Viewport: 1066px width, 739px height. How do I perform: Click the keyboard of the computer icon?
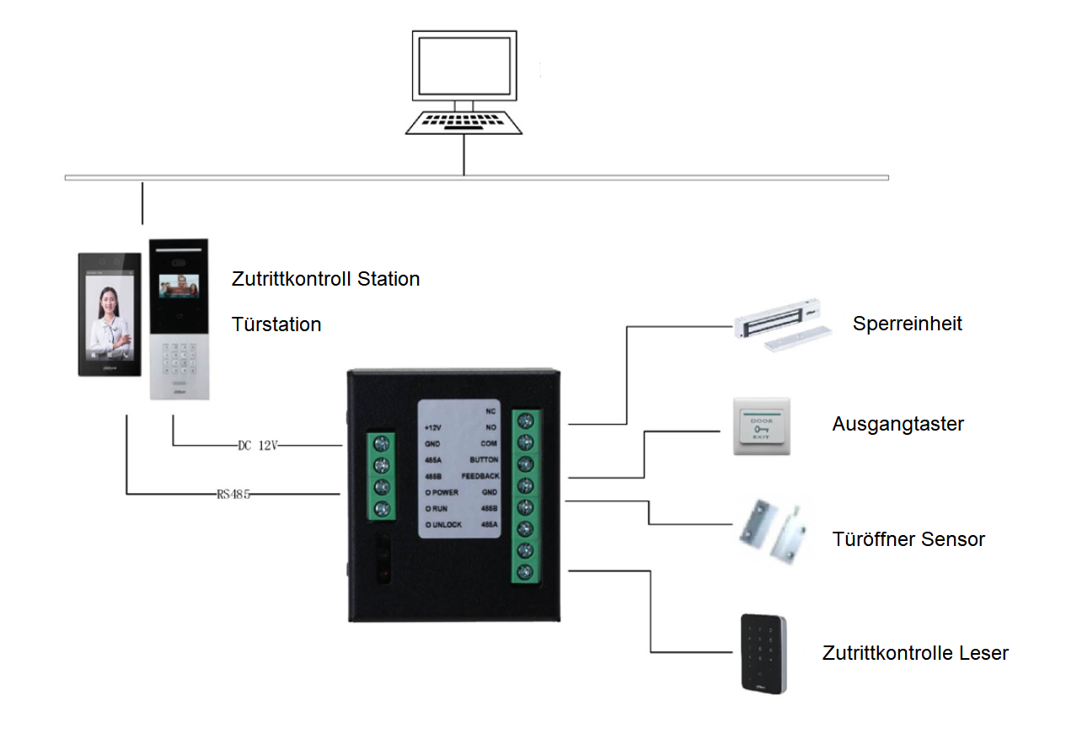[463, 122]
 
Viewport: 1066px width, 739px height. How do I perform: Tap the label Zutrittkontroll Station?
[325, 279]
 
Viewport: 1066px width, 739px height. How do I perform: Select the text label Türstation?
[276, 324]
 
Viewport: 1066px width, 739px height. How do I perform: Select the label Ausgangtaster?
[897, 424]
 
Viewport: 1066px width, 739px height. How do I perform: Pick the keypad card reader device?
[763, 653]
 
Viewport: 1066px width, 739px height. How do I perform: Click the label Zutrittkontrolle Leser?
[915, 653]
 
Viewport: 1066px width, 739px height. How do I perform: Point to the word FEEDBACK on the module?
[479, 476]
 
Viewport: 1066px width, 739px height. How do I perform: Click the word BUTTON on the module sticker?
[484, 460]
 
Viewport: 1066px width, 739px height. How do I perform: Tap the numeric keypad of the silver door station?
[179, 360]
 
